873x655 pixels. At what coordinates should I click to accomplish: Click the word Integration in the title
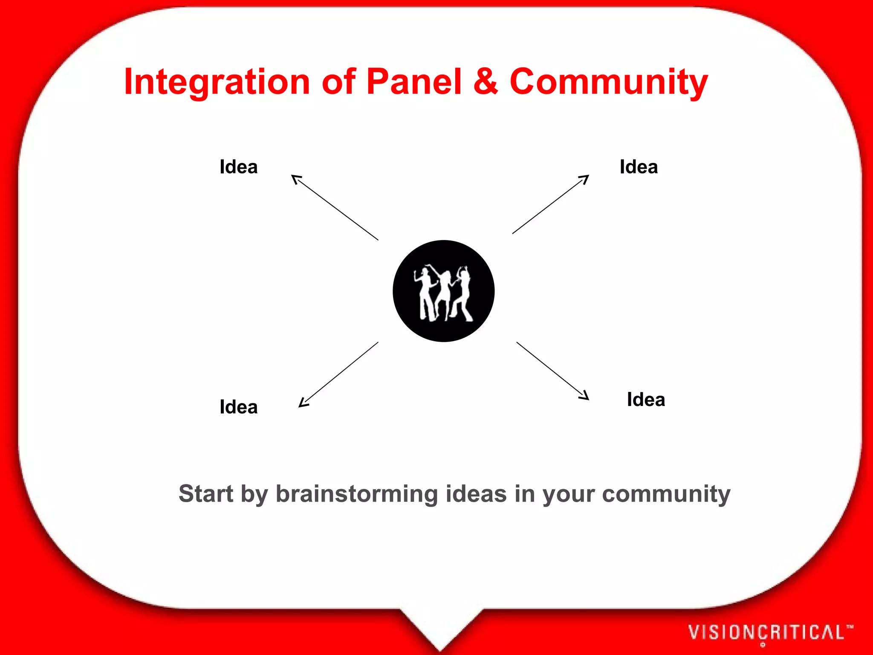217,82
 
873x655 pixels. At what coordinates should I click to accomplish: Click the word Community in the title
609,82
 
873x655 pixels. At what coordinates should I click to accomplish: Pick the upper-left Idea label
239,167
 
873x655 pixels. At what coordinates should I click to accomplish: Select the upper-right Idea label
639,167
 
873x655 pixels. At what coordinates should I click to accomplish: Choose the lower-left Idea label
239,407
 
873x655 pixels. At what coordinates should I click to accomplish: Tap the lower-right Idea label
646,400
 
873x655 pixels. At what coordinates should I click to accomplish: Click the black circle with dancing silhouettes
443,291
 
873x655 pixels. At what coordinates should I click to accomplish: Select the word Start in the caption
206,494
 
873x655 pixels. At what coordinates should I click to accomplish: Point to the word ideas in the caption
476,494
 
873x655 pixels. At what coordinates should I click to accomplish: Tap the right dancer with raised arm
463,294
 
